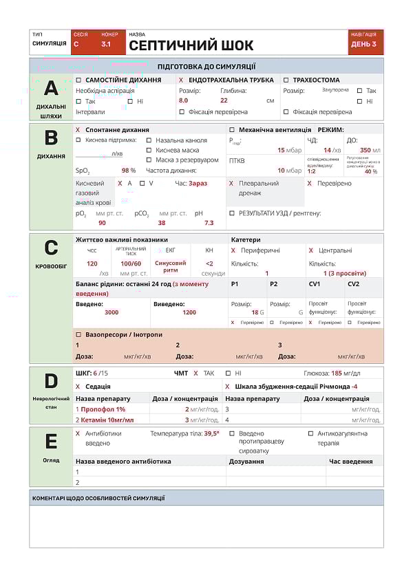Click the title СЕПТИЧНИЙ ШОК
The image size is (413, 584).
pyautogui.click(x=191, y=46)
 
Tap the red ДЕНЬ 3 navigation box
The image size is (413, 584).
pyautogui.click(x=364, y=44)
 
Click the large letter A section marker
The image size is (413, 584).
pyautogui.click(x=51, y=88)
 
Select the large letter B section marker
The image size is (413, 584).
pyautogui.click(x=51, y=138)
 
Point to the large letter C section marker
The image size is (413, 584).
pyautogui.click(x=51, y=248)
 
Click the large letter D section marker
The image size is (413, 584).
pyautogui.click(x=51, y=380)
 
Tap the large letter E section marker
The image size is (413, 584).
pyautogui.click(x=51, y=440)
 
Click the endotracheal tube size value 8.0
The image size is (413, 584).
pyautogui.click(x=183, y=100)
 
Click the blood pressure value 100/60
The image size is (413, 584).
pyautogui.click(x=131, y=263)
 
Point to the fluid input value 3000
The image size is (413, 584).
pyautogui.click(x=112, y=312)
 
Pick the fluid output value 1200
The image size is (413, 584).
pyautogui.click(x=189, y=312)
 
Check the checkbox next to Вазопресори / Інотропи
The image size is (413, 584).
pyautogui.click(x=78, y=334)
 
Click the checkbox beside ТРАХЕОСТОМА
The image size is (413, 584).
pyautogui.click(x=286, y=80)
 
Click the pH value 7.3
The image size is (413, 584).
pyautogui.click(x=209, y=223)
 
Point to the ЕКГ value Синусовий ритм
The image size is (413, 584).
pyautogui.click(x=170, y=267)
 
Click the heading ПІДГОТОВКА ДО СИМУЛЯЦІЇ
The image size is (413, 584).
pyautogui.click(x=206, y=67)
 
